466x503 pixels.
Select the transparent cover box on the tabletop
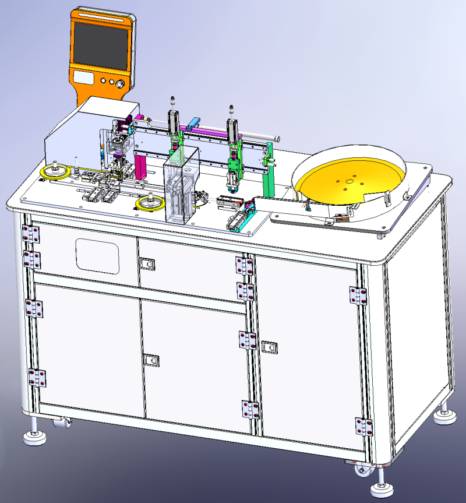pos(180,185)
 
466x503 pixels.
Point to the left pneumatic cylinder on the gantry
pos(174,122)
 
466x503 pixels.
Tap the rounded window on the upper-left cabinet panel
pos(97,255)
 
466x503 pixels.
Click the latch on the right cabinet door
pos(269,347)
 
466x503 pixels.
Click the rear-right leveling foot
pos(446,414)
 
